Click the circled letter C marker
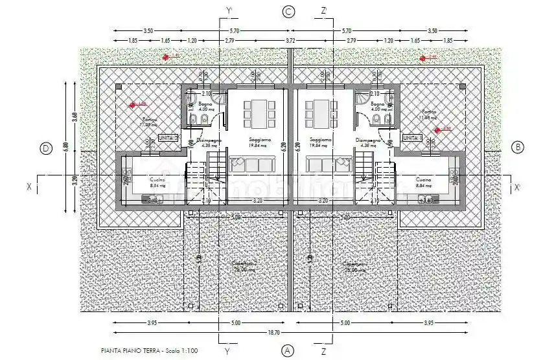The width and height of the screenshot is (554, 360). [289, 11]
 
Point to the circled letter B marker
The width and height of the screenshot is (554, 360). [517, 148]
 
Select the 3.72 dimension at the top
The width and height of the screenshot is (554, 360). [290, 40]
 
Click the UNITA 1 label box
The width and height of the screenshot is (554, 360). [411, 138]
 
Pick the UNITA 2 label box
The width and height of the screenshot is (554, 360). [167, 138]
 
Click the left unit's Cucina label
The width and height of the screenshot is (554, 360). [138, 179]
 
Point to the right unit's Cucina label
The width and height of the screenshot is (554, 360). [424, 179]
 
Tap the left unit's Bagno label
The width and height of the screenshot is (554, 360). [205, 104]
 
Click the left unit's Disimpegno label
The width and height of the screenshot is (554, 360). [209, 140]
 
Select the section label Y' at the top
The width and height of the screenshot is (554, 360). [228, 10]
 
